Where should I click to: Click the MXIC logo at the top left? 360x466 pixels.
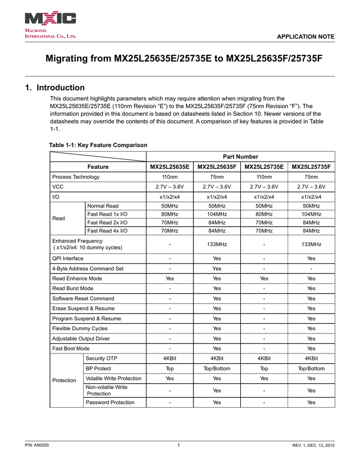point(50,19)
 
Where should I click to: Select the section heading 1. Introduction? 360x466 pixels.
point(55,87)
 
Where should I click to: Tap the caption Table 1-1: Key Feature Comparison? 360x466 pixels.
point(98,145)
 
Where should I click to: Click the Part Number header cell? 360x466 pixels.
point(240,157)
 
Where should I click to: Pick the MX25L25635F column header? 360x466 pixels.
point(217,167)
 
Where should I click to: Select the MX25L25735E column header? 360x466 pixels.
point(264,167)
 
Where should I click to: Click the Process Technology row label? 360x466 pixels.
point(76,177)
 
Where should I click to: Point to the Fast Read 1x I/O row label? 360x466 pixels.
point(107,214)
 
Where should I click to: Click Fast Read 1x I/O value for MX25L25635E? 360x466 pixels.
point(169,214)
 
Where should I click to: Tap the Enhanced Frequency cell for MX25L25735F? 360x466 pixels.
point(311,244)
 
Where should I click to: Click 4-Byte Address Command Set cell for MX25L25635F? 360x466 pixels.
point(217,268)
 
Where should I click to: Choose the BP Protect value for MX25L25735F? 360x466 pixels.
point(311,369)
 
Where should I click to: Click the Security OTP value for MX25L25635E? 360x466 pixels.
point(169,359)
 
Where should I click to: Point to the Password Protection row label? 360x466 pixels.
point(111,402)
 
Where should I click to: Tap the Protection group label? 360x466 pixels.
point(64,380)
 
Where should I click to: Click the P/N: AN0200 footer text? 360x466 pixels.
point(37,445)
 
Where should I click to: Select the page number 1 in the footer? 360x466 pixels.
point(179,445)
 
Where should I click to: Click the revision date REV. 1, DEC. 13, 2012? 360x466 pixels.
point(313,445)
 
